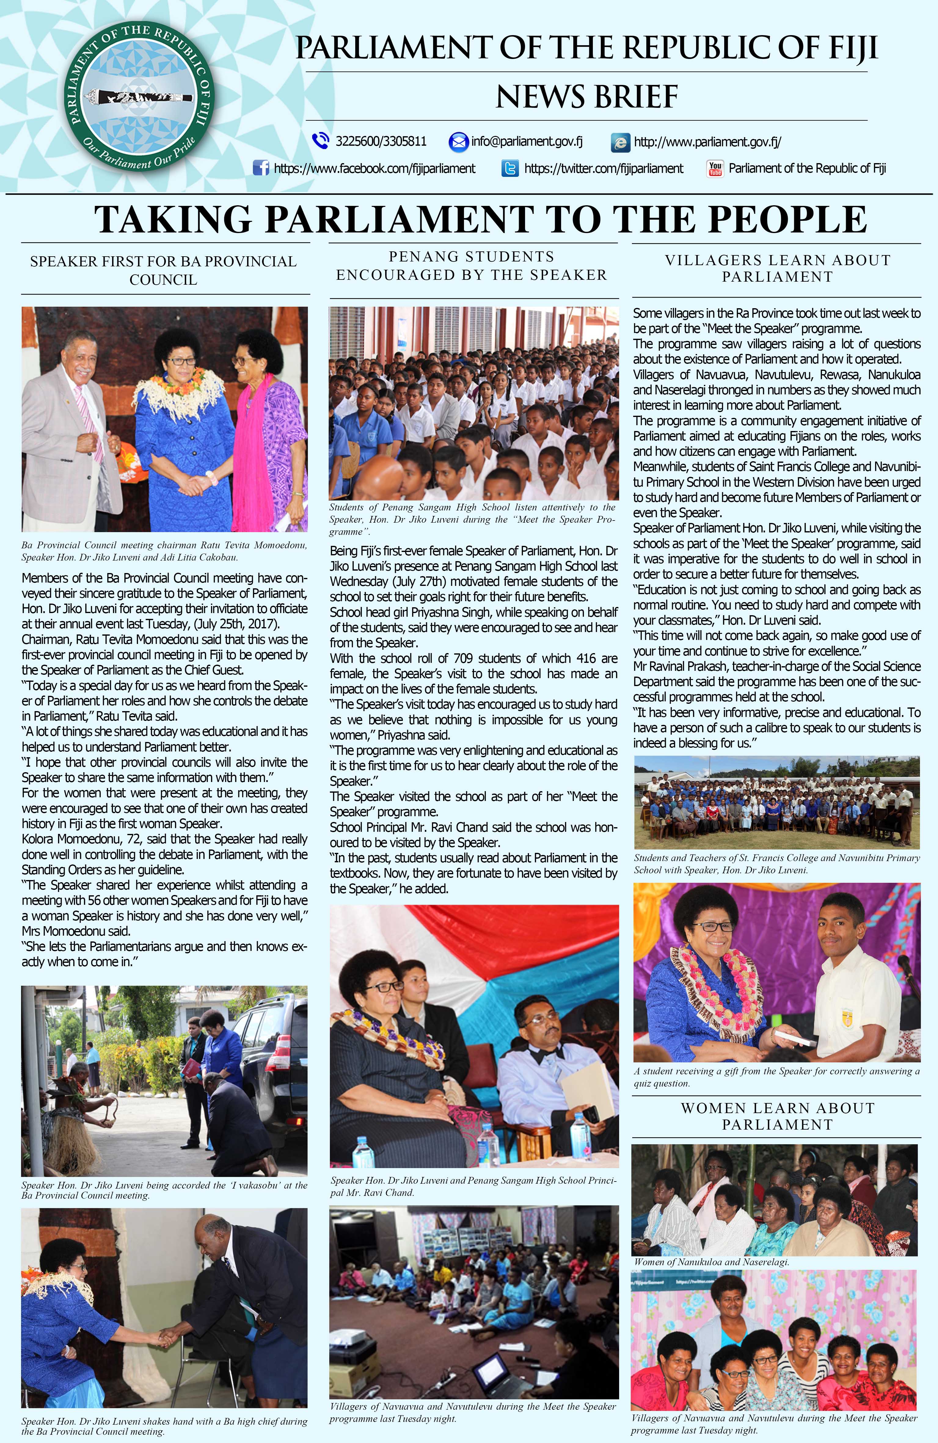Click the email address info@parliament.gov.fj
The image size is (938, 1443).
tap(526, 141)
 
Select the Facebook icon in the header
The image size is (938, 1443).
tap(261, 168)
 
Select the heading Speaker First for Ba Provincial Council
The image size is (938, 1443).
tap(163, 270)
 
